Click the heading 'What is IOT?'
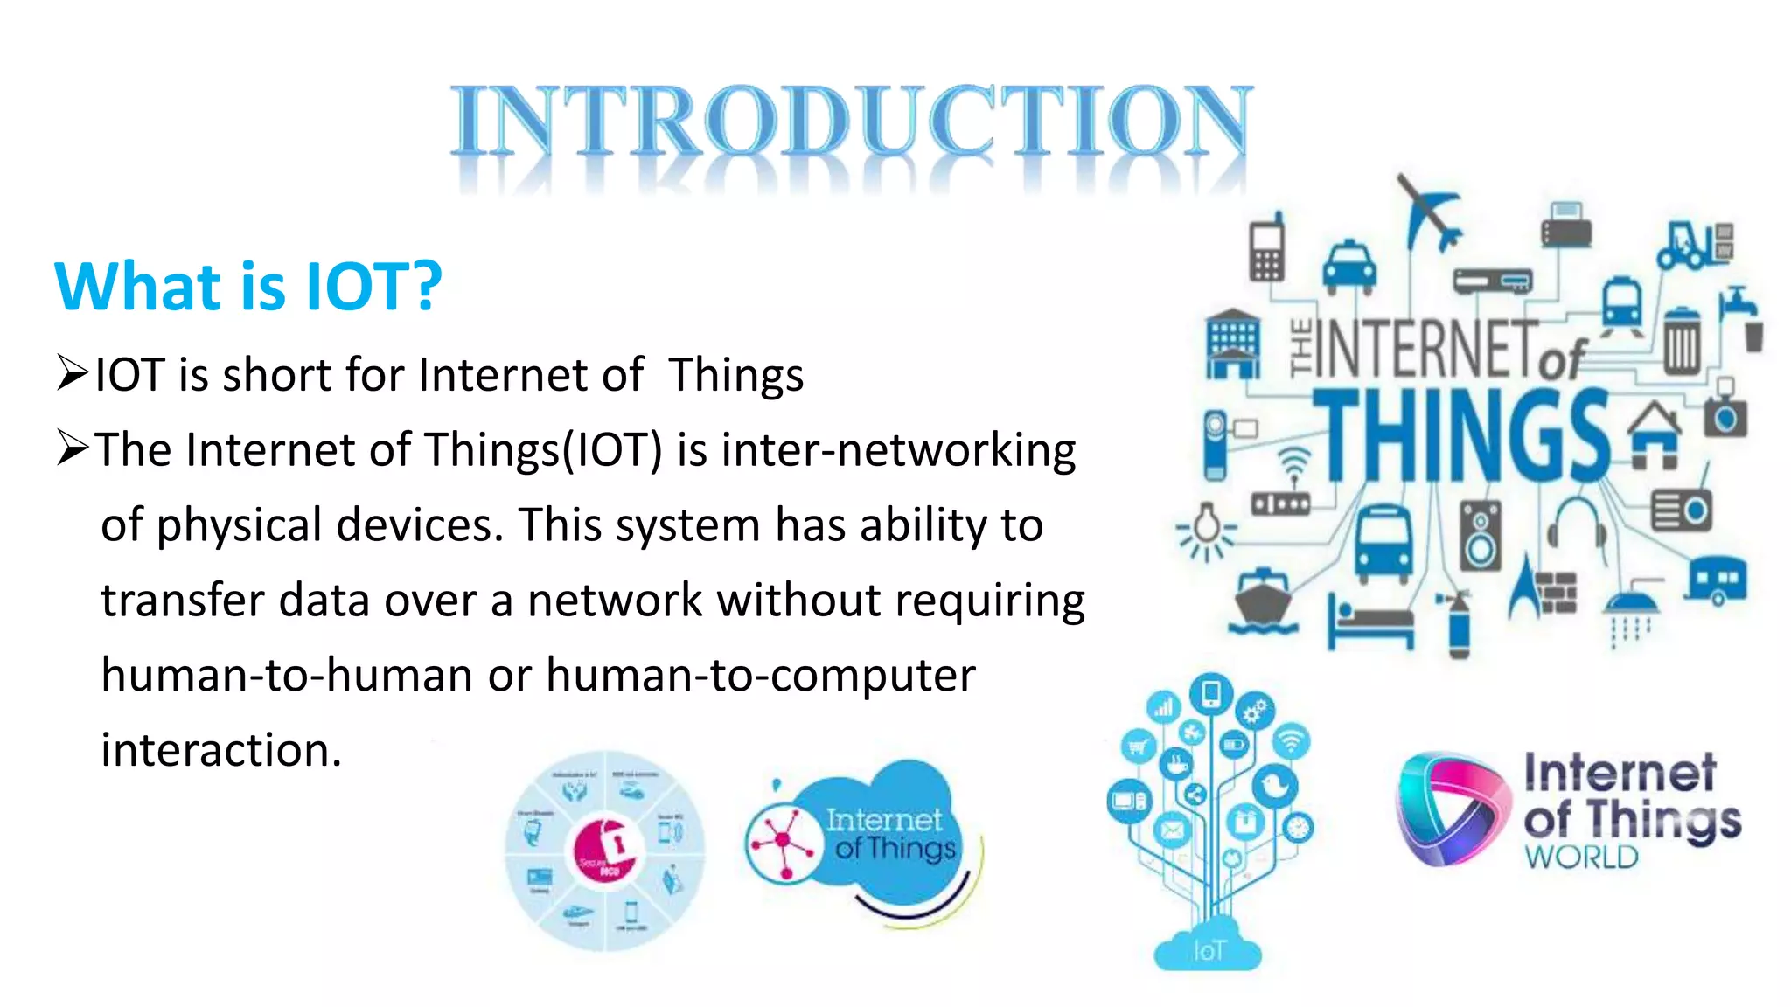tap(248, 286)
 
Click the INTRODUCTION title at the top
tap(851, 122)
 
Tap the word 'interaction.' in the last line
tap(221, 750)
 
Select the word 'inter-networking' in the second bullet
tap(898, 450)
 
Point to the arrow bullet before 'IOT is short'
tap(73, 373)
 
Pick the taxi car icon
tap(1348, 266)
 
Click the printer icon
tap(1565, 225)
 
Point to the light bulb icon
tap(1208, 527)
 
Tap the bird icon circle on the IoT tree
tap(1274, 784)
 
